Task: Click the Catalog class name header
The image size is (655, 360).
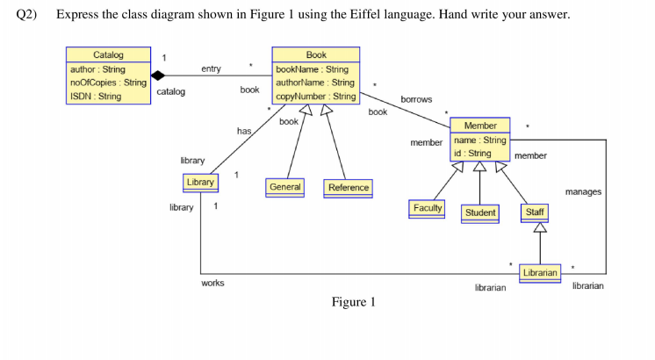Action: point(108,55)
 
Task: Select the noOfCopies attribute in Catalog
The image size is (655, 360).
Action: point(108,83)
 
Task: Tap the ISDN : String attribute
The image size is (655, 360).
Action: point(97,97)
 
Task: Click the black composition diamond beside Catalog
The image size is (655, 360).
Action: point(158,76)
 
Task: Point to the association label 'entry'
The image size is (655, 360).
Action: point(211,68)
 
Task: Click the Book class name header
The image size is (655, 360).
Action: point(315,55)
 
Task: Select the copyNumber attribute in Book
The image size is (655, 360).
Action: point(315,96)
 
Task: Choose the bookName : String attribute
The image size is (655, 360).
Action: point(312,69)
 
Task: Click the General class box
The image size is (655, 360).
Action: point(285,187)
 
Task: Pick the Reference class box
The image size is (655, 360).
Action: point(349,187)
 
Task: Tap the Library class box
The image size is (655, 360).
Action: point(199,182)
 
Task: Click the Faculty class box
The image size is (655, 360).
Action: point(428,208)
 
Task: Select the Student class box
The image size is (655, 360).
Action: point(480,212)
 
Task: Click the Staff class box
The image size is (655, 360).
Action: point(533,212)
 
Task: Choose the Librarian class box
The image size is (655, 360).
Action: point(540,273)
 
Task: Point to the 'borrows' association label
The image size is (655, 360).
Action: point(415,99)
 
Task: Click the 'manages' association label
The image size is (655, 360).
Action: point(583,191)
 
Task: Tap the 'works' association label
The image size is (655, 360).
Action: point(212,283)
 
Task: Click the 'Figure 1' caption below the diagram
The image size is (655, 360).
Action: point(353,303)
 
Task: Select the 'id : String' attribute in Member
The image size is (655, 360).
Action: point(472,153)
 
